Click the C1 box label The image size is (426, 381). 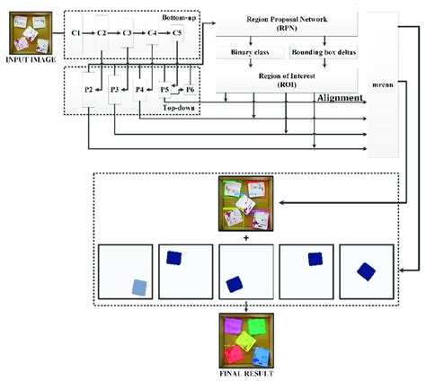coord(75,33)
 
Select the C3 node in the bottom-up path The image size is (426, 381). coord(128,33)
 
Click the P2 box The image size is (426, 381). coord(88,90)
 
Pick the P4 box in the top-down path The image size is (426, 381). coord(140,90)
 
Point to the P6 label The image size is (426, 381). coord(190,90)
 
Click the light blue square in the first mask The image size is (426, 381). coord(137,287)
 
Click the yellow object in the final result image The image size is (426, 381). coord(243,340)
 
